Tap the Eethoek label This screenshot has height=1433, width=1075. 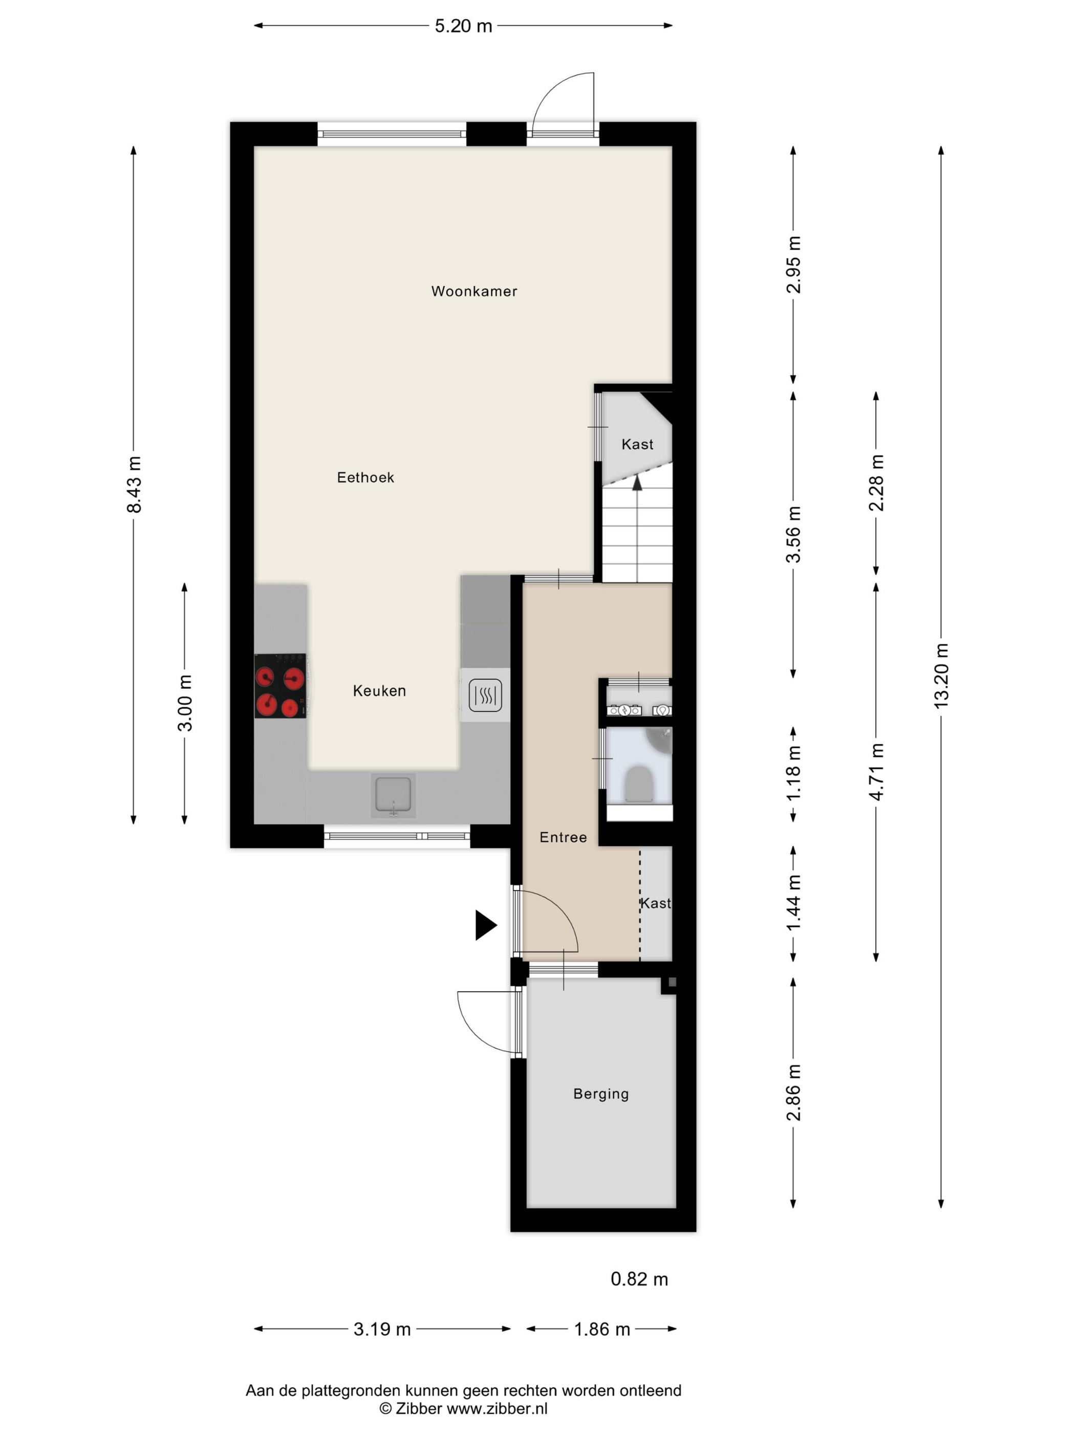point(365,477)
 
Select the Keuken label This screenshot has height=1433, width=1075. point(379,690)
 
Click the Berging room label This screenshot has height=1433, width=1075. point(600,1094)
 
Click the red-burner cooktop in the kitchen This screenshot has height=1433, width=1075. point(280,685)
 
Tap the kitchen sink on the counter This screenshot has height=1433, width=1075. point(393,795)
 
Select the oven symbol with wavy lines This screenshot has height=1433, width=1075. point(485,695)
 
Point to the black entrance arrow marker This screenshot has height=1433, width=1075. point(486,925)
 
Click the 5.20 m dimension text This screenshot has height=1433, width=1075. point(463,26)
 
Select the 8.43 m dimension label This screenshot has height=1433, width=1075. point(134,485)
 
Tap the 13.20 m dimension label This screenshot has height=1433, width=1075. point(941,676)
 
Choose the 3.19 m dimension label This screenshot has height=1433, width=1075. point(382,1329)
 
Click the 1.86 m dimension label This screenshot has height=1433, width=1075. point(602,1329)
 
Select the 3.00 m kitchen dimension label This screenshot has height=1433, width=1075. point(185,703)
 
